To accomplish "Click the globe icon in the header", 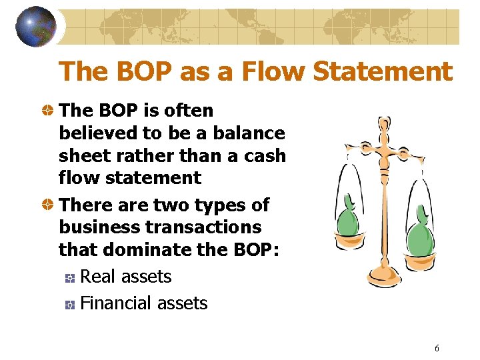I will coord(35,27).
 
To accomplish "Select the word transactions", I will coord(203,227).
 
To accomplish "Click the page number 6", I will coord(437,348).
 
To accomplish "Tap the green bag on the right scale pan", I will coord(419,229).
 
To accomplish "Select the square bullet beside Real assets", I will coord(69,278).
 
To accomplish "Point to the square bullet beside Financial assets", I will coord(69,305).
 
